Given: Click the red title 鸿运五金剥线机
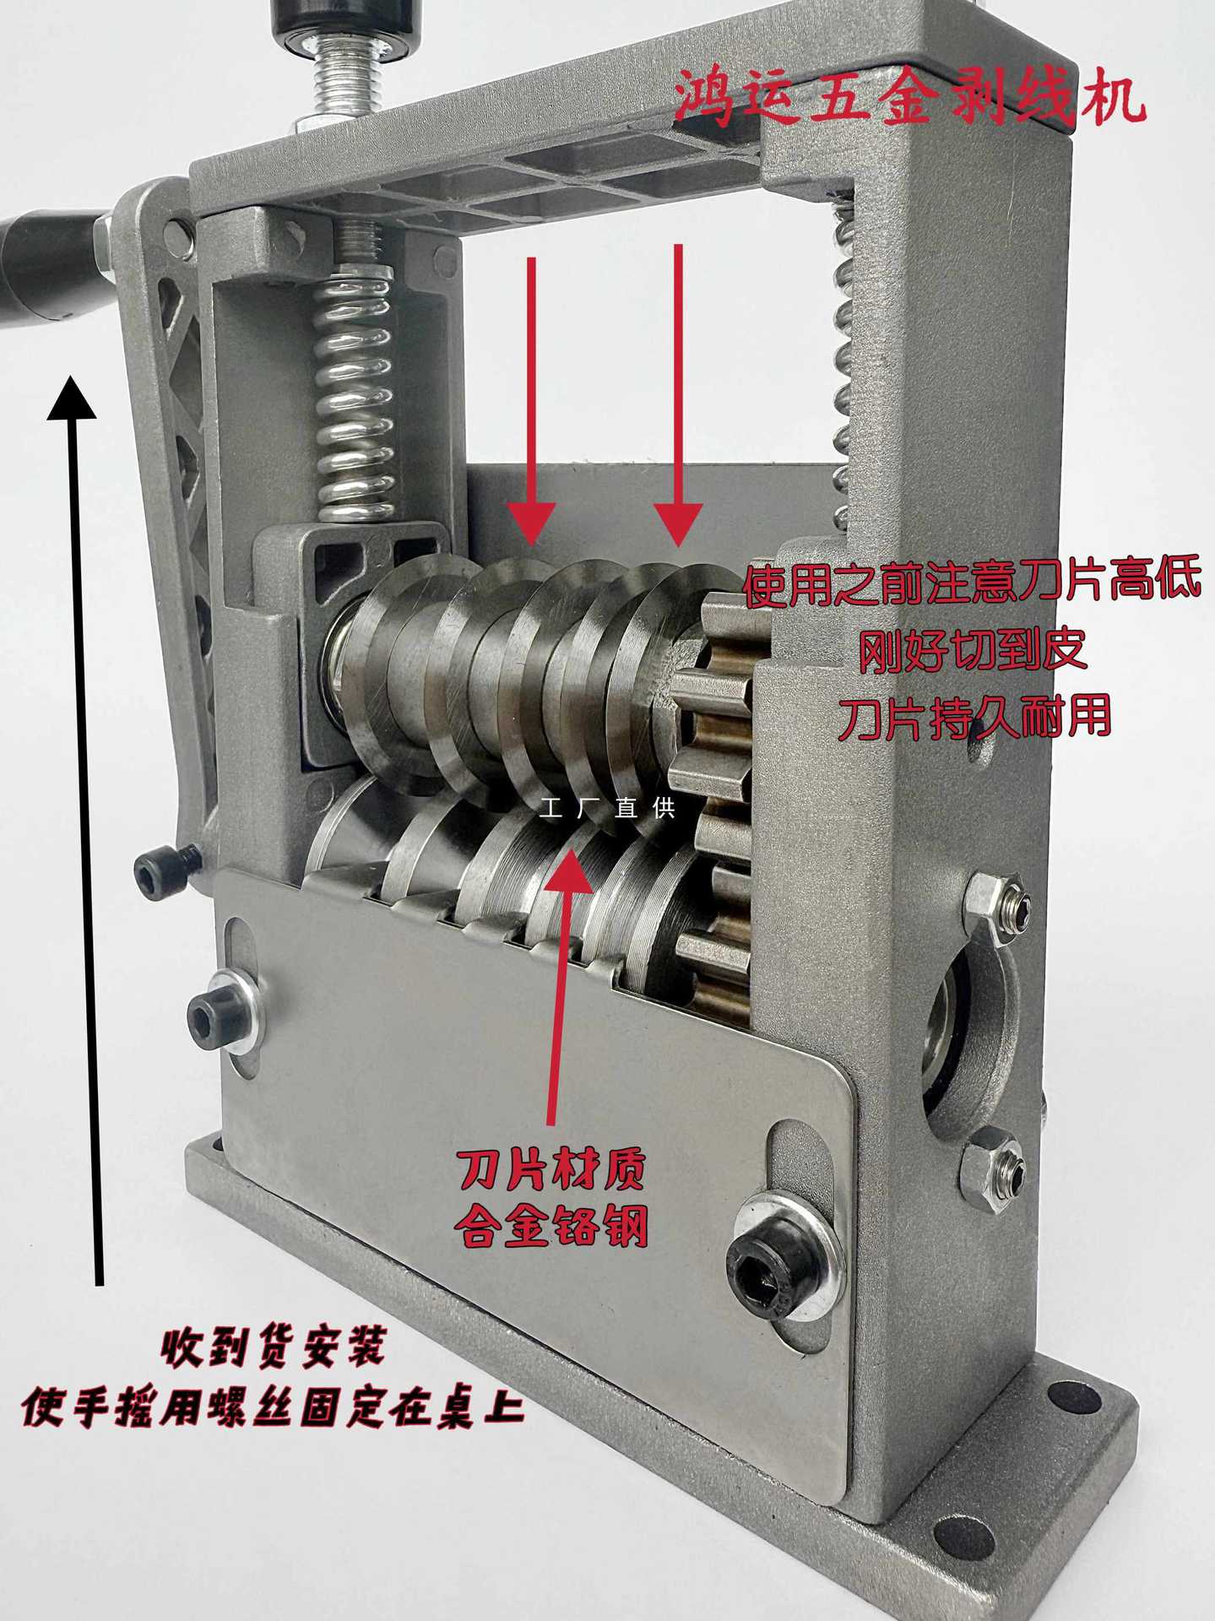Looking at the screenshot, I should [x=910, y=99].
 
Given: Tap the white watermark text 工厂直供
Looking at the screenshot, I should [x=608, y=809].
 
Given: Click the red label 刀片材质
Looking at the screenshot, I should [x=552, y=1169].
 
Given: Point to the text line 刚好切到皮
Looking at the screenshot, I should [x=973, y=651].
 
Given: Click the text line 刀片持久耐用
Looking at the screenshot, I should [x=973, y=717].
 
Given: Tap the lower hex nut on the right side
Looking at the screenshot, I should [x=993, y=1169].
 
